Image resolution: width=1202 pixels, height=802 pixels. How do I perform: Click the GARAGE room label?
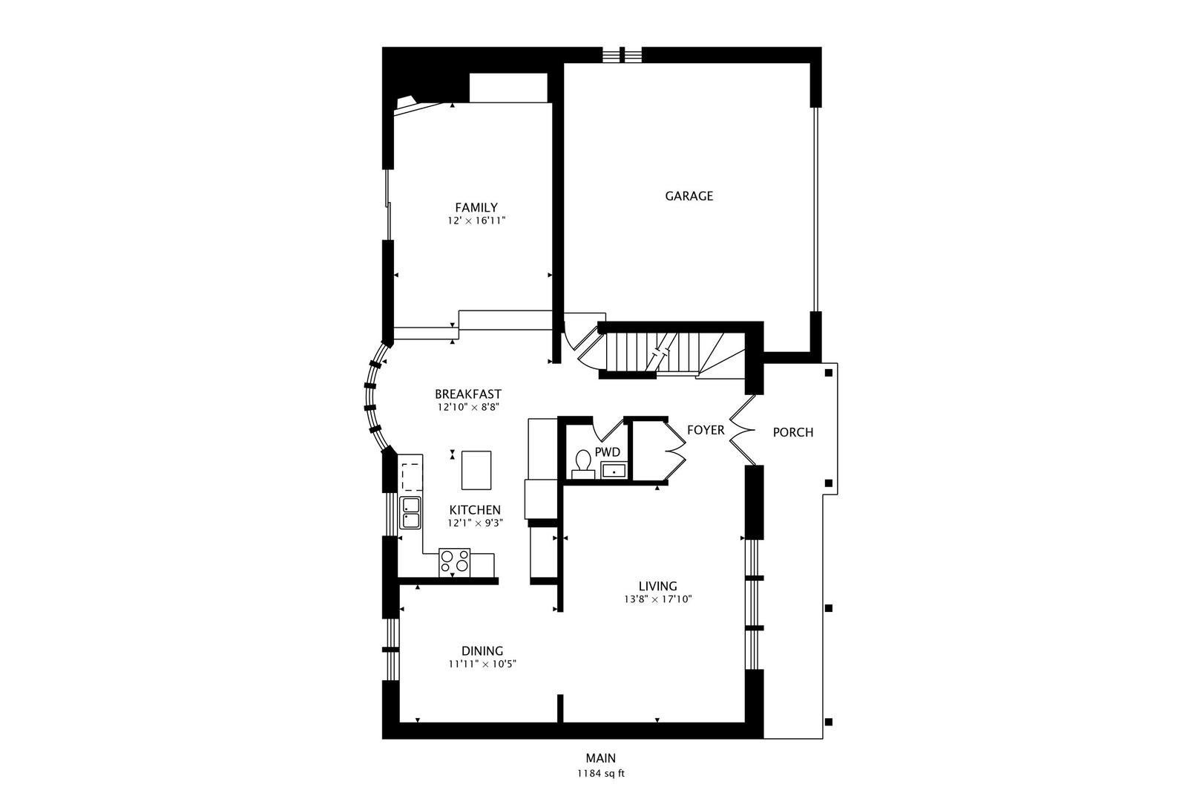[x=689, y=196]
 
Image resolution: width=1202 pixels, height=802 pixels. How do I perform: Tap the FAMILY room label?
[x=476, y=208]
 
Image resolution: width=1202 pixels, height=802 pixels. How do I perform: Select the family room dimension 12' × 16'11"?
[x=476, y=221]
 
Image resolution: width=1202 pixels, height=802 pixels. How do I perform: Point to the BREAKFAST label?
[x=468, y=394]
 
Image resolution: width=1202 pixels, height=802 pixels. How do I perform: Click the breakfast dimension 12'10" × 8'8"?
[x=468, y=408]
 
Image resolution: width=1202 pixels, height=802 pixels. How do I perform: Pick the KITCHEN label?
[x=475, y=510]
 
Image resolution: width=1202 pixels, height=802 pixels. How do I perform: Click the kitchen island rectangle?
[x=476, y=470]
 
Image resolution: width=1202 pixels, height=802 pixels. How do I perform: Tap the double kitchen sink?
[x=410, y=512]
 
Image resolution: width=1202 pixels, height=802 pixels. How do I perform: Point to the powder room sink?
[x=614, y=471]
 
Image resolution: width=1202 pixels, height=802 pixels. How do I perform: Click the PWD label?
[x=608, y=452]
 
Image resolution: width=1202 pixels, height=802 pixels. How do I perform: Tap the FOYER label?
[x=706, y=430]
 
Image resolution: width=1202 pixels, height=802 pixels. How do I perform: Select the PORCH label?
[x=793, y=432]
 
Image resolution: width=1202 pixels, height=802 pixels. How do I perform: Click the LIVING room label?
[x=658, y=587]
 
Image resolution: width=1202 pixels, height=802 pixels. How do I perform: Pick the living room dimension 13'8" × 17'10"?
[x=658, y=600]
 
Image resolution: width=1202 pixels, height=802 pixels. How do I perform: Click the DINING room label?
[x=482, y=651]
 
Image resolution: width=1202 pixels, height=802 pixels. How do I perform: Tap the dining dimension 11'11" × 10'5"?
[x=482, y=665]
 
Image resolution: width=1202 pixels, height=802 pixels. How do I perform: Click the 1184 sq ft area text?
[x=601, y=774]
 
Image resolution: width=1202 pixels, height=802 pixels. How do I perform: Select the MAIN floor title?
[x=601, y=758]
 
